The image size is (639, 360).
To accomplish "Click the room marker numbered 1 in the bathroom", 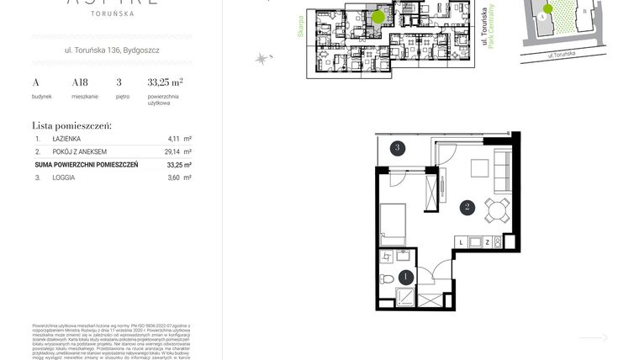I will pos(406,276).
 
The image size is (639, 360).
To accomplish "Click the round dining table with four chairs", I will pos(494,208).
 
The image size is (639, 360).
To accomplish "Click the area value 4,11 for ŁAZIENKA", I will pos(175,139).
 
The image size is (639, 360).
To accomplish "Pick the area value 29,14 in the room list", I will pos(173,152).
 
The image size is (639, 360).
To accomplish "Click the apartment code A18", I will pos(80,82).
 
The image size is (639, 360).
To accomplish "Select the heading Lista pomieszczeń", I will pos(71,124).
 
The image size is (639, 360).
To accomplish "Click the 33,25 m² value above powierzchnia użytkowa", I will pos(165,82).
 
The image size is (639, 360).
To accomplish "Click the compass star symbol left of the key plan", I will pos(262,57).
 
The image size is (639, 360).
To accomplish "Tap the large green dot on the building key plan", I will pos(378,16).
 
